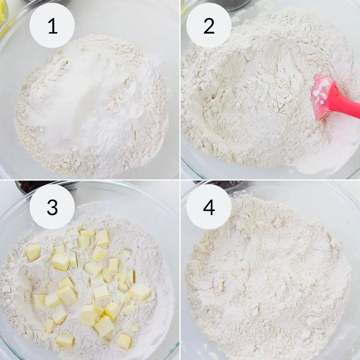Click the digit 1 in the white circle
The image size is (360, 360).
(x=52, y=26)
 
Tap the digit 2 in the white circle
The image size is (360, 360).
(x=209, y=26)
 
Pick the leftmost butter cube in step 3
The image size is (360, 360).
(x=33, y=252)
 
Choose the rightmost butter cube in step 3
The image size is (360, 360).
(x=140, y=292)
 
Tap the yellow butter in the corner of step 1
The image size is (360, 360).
(x=3, y=12)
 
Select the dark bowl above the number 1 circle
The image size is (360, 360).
(x=48, y=2)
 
